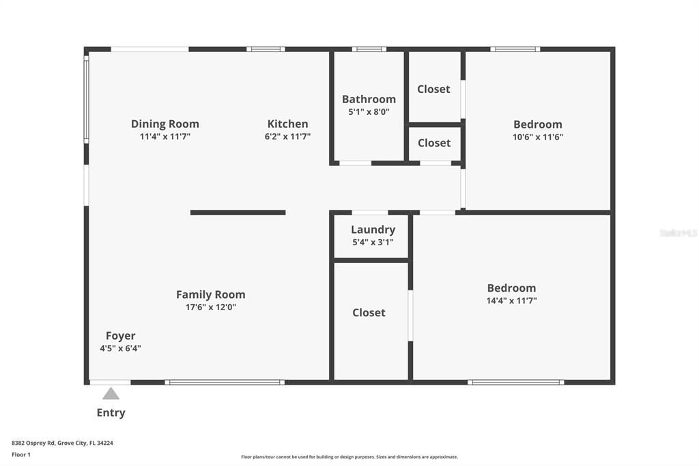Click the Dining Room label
click(x=165, y=124)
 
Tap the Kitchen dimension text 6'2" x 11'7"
click(x=287, y=137)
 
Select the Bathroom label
click(x=369, y=99)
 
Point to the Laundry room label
click(x=373, y=230)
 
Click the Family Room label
click(x=210, y=294)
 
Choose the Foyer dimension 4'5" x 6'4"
click(x=120, y=348)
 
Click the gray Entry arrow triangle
click(x=111, y=394)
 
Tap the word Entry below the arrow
click(x=111, y=413)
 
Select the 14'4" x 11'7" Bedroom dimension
click(x=511, y=301)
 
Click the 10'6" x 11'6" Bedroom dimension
click(x=538, y=137)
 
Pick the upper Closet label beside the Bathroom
click(x=433, y=89)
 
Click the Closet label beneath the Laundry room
click(x=369, y=312)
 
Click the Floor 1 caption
click(x=21, y=454)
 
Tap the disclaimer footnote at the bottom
click(x=349, y=457)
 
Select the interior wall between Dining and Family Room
click(x=238, y=213)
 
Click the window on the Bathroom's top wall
click(x=369, y=49)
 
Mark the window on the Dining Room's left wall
click(x=86, y=99)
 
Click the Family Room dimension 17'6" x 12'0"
click(x=210, y=307)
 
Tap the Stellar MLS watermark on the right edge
click(x=678, y=233)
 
